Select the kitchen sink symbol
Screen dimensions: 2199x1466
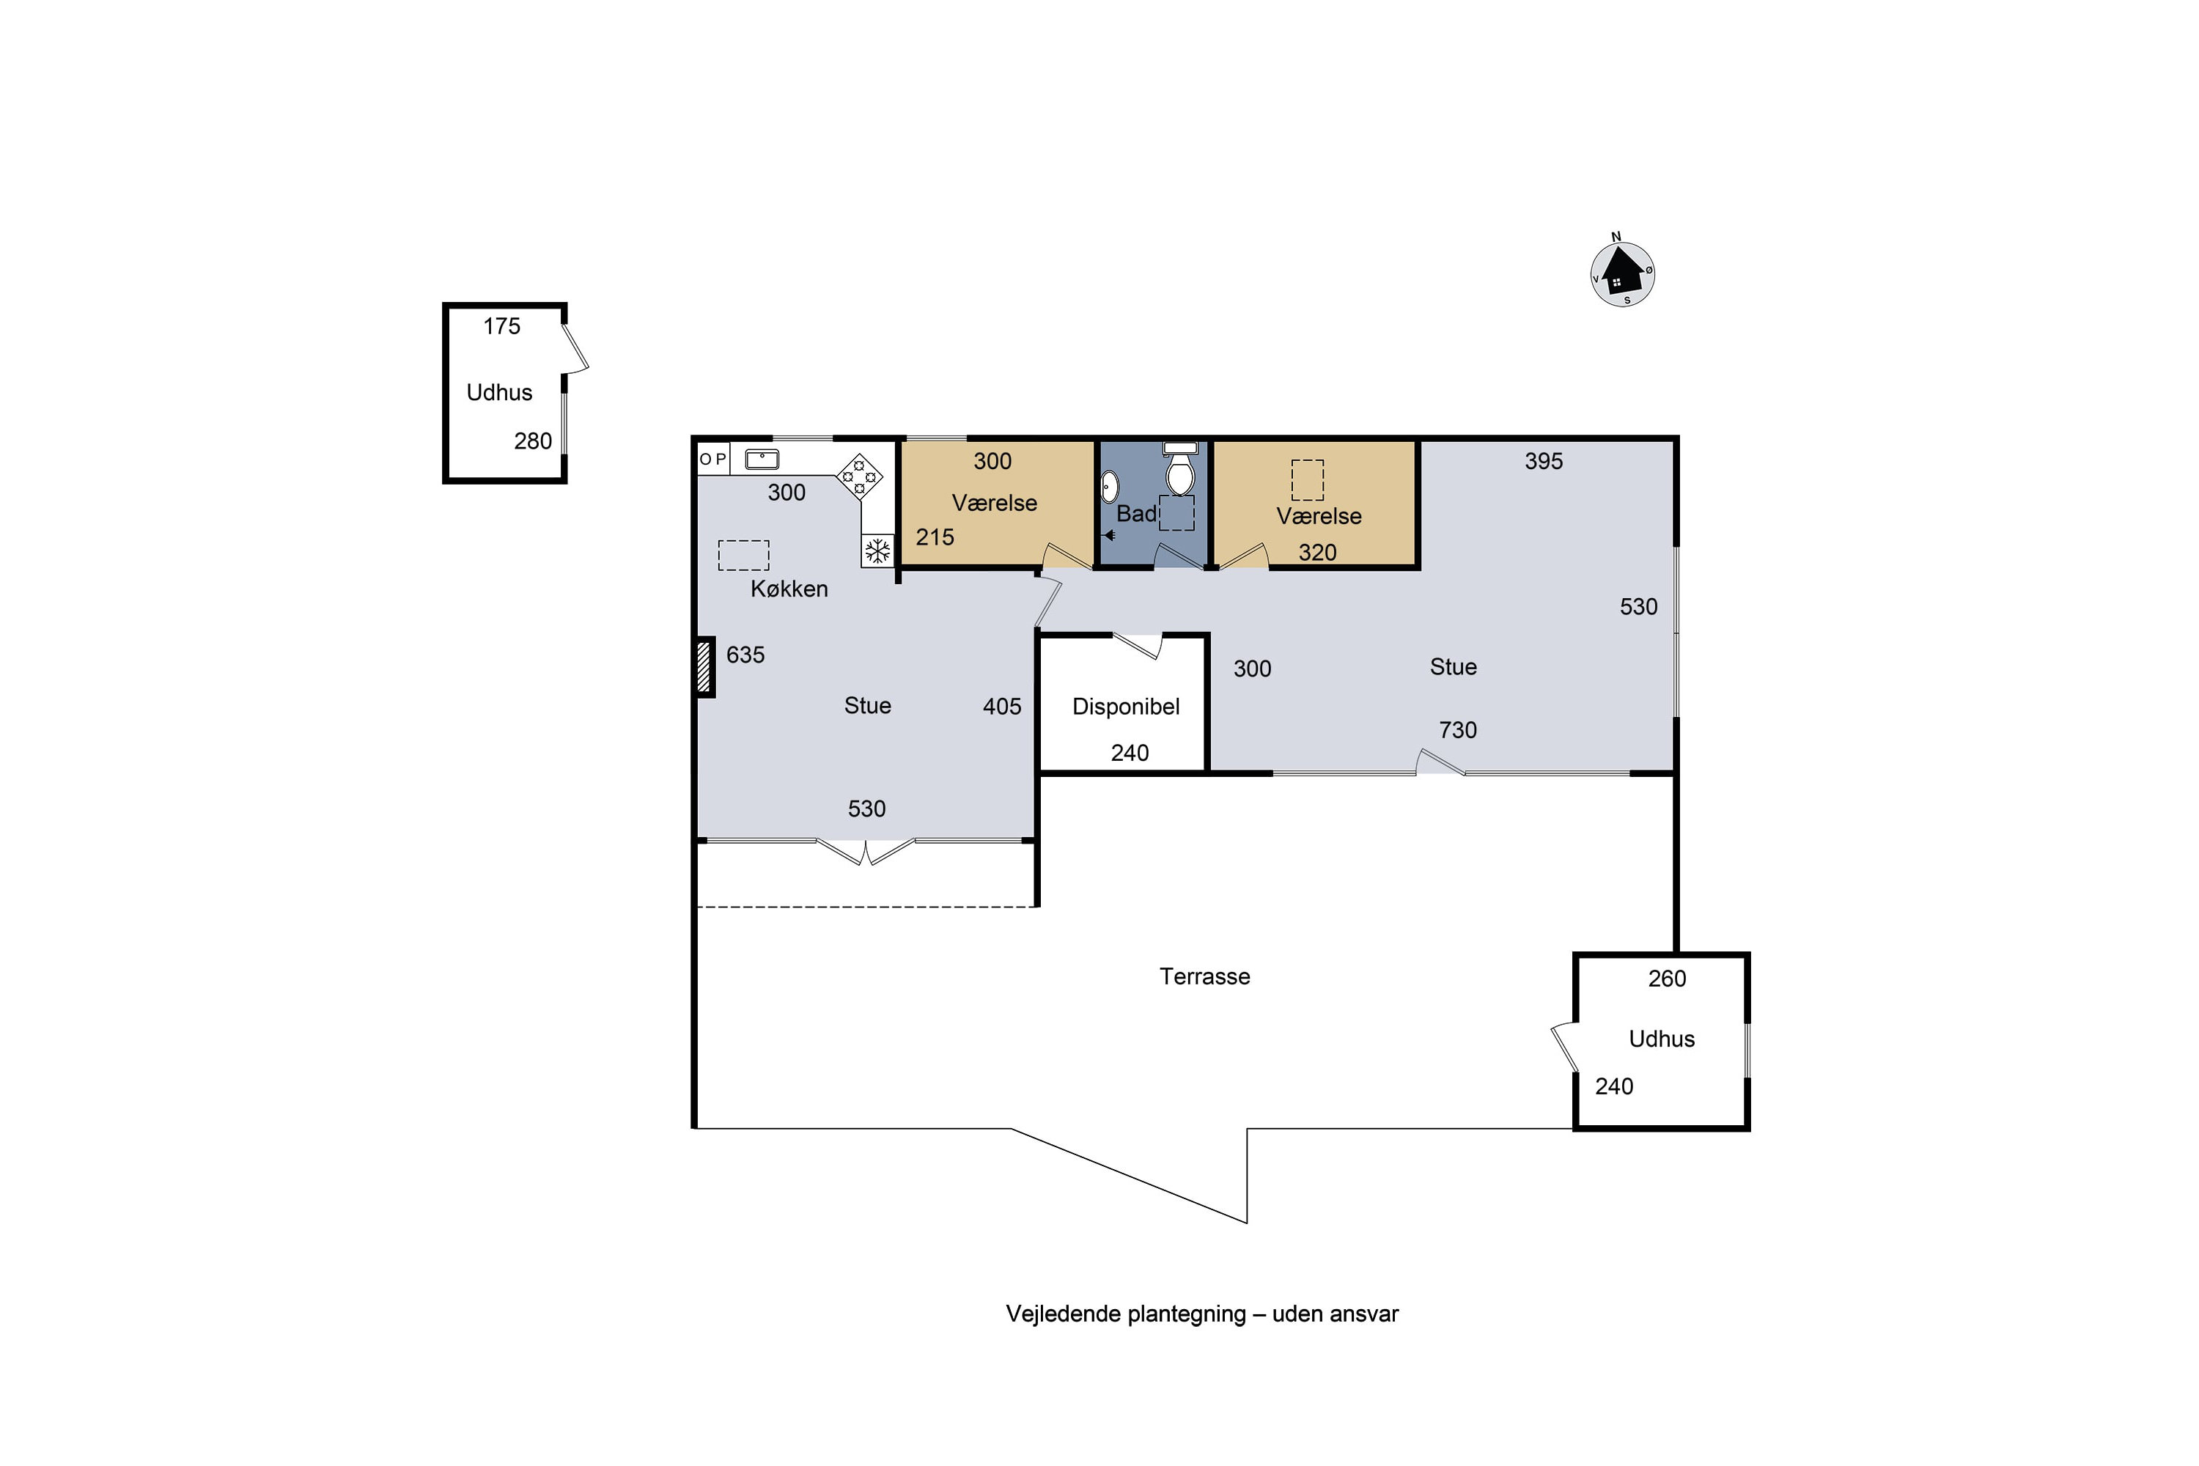(x=762, y=459)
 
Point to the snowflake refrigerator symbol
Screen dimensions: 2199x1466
(x=877, y=550)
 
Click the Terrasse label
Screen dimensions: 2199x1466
(x=1204, y=976)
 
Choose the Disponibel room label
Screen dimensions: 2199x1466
(x=1126, y=707)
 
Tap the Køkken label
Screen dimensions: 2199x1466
(x=789, y=589)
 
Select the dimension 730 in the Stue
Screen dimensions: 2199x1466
(x=1458, y=730)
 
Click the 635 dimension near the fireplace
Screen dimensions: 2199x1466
(x=745, y=655)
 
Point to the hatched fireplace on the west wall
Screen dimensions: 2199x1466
(x=705, y=666)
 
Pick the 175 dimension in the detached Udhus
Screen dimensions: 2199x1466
(x=501, y=326)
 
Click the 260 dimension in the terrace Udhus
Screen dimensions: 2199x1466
(x=1667, y=979)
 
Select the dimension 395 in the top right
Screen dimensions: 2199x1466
(x=1544, y=461)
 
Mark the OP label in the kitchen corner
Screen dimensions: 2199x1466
(x=712, y=459)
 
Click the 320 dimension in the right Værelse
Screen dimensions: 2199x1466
(x=1317, y=553)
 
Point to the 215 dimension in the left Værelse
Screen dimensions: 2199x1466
(x=935, y=537)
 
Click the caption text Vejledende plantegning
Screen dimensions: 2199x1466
(x=1126, y=1314)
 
